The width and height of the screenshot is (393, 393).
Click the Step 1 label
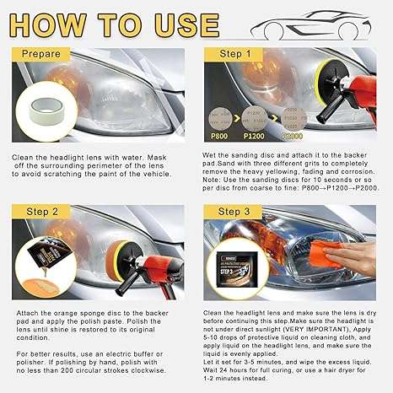click(236, 54)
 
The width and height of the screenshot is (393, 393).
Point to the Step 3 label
click(236, 213)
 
